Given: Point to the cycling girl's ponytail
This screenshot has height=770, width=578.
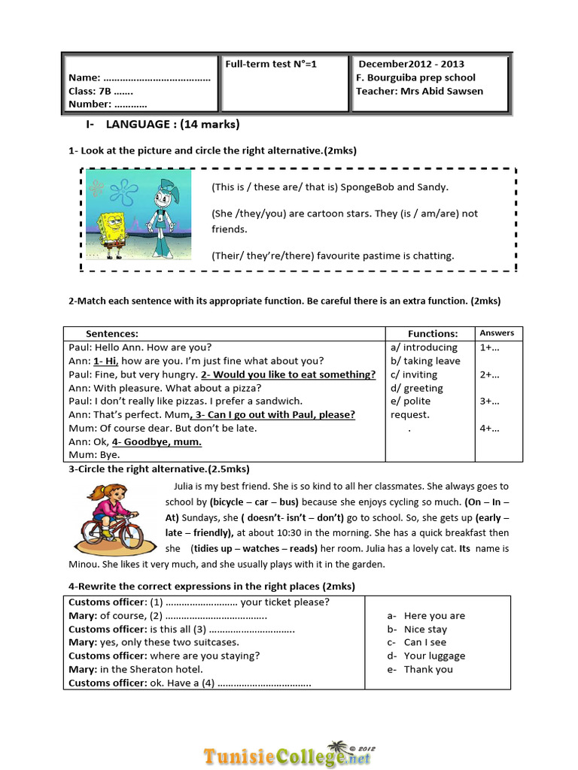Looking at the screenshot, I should (x=96, y=493).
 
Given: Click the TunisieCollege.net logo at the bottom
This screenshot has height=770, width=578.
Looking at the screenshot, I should (x=288, y=755).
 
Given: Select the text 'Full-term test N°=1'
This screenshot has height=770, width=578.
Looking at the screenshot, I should (x=271, y=64).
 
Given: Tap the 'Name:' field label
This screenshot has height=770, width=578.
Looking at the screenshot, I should (x=84, y=77).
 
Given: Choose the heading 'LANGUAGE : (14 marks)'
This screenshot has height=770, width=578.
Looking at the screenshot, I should (x=172, y=124).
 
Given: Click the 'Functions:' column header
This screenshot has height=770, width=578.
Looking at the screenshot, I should (x=433, y=333).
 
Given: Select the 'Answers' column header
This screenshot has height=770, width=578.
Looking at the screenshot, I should (x=497, y=332).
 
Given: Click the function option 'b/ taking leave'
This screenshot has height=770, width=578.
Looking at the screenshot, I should (x=425, y=361).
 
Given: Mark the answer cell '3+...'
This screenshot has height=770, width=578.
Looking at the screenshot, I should (x=490, y=402).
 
